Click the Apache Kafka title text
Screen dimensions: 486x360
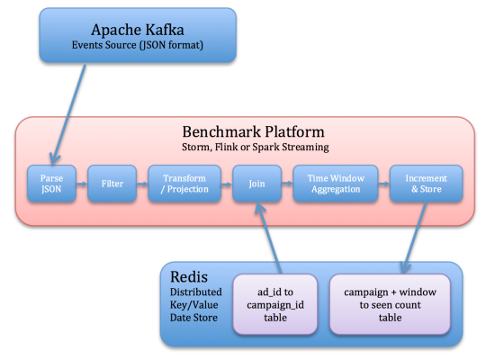(138, 31)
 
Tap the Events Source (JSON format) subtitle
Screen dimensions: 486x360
(138, 45)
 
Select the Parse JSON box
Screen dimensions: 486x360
(51, 184)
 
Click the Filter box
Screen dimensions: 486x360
(112, 184)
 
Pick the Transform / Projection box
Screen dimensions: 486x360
(184, 184)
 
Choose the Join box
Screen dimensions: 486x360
(256, 184)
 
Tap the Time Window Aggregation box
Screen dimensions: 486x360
(336, 184)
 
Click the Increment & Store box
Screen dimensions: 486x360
(427, 184)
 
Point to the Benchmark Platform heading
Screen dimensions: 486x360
(253, 132)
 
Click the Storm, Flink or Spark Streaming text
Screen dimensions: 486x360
(256, 147)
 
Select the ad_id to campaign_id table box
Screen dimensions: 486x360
(275, 304)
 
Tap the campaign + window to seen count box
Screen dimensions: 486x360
(390, 304)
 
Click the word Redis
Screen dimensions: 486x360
(189, 277)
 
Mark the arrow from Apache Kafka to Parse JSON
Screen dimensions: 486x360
(68, 114)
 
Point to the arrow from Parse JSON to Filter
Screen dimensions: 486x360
(82, 184)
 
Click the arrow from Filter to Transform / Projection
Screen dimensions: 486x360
(142, 184)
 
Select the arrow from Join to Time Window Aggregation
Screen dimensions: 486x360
(287, 184)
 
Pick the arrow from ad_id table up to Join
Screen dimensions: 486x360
(268, 238)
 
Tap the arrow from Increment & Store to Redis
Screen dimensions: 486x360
(415, 238)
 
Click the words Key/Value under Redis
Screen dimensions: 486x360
(194, 305)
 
